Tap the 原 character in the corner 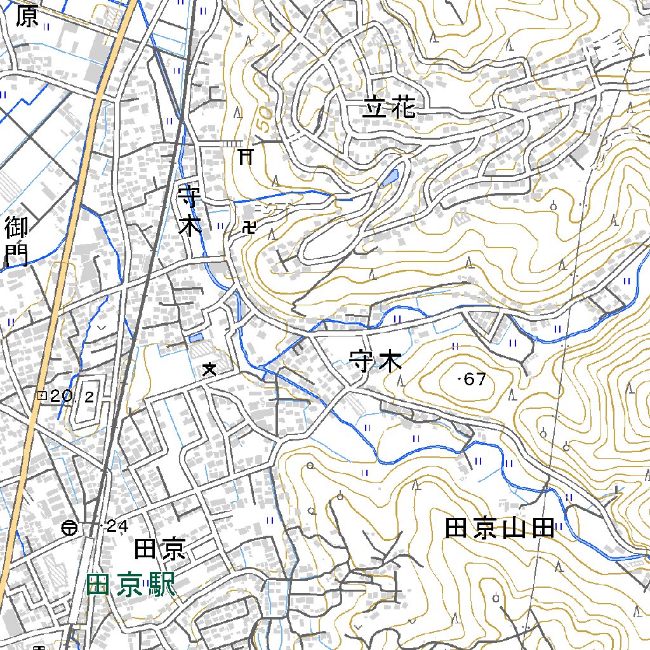coord(27,17)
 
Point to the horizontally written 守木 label coord(375,362)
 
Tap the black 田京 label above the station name coord(160,548)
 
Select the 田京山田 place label coord(500,528)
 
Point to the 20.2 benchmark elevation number coord(72,397)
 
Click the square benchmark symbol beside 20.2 coord(43,396)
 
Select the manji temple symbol coord(249,227)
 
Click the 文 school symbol coord(209,369)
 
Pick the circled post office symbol coord(70,527)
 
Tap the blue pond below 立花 coord(389,177)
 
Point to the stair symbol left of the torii coord(231,144)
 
